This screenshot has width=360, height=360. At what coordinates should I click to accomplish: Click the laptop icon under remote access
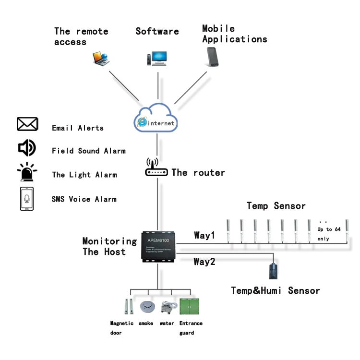tap(101, 58)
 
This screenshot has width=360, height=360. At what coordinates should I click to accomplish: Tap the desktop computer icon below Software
tap(156, 59)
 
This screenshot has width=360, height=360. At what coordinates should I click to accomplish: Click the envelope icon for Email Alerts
tap(27, 124)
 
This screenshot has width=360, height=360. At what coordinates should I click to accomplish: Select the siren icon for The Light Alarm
tap(26, 172)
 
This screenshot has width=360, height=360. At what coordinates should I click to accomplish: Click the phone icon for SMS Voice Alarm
tap(27, 199)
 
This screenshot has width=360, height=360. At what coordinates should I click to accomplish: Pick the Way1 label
tap(205, 236)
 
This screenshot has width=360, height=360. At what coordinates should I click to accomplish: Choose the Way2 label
tap(205, 262)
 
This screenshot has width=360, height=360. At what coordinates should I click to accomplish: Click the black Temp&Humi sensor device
tap(273, 271)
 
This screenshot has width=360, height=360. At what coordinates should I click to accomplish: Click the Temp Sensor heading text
tap(276, 206)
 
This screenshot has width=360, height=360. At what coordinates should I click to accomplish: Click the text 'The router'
tap(198, 173)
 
